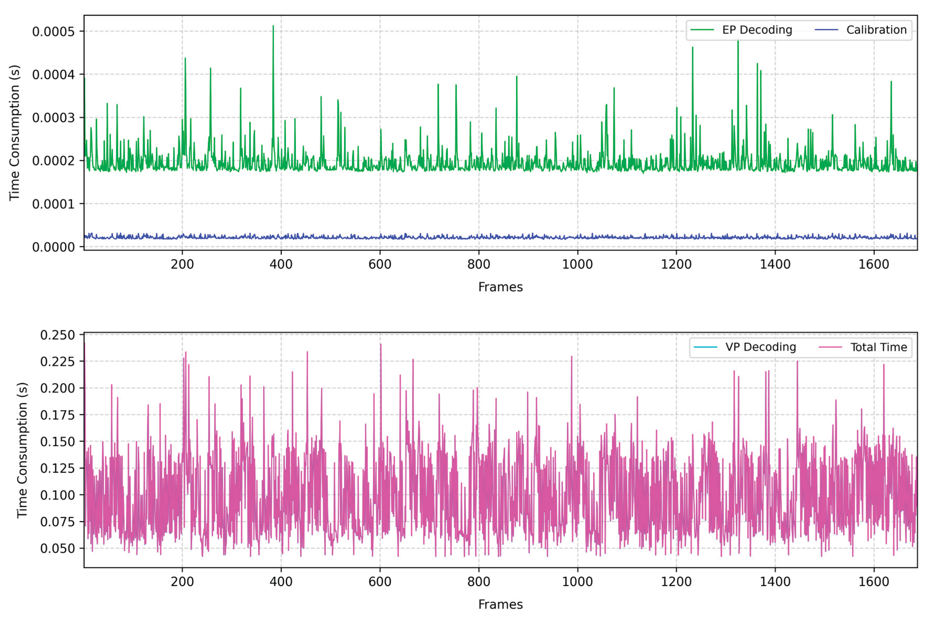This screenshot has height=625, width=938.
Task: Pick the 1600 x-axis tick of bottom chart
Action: coord(874,581)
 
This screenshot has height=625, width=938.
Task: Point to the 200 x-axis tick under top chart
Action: coord(182,264)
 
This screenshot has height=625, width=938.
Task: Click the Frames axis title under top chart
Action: coord(500,287)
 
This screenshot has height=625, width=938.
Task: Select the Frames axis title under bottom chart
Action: coord(500,604)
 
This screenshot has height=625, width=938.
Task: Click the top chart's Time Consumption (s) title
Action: coord(14,132)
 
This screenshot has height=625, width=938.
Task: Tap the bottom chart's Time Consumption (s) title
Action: coord(22,450)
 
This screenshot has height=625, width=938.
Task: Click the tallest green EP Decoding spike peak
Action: coord(273,26)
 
